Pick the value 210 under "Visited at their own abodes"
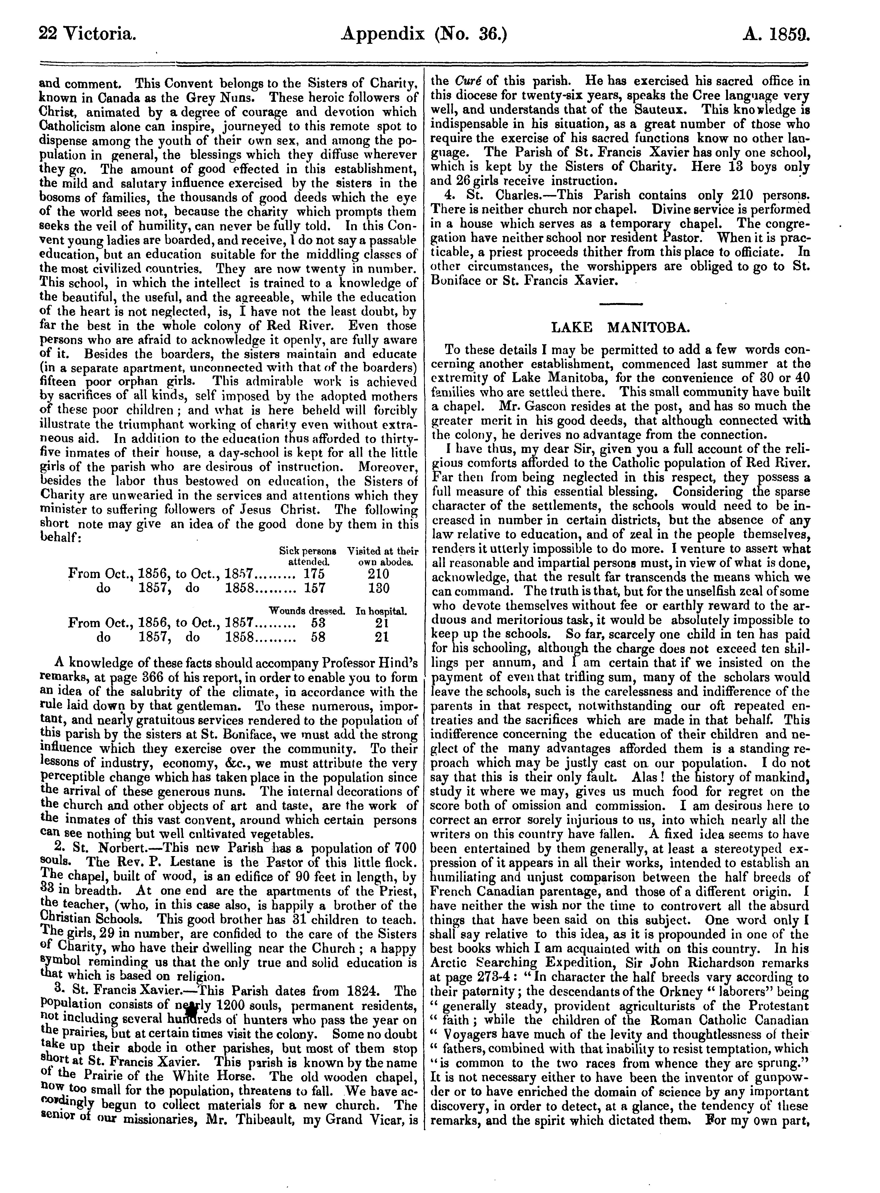(378, 574)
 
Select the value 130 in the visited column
(378, 588)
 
